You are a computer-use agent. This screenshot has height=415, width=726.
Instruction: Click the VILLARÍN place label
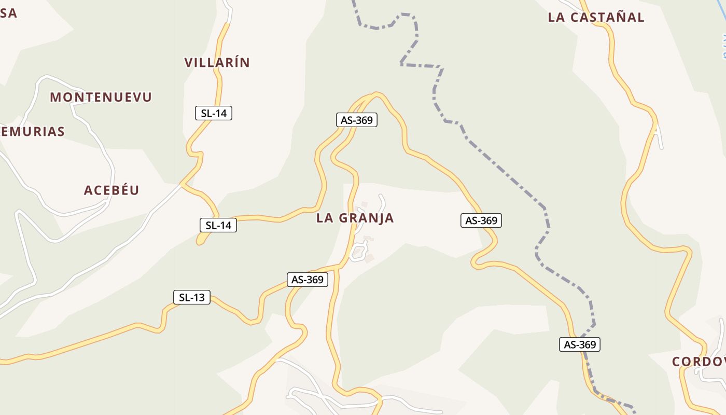coord(217,63)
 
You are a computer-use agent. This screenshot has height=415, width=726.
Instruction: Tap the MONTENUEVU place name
coord(101,97)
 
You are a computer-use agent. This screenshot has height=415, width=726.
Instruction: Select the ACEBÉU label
coord(111,190)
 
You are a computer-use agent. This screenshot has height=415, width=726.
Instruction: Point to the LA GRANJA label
coord(355,218)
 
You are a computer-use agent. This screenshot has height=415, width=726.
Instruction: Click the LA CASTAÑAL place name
coord(596,17)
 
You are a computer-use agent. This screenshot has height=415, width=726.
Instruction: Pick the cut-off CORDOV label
coord(698,362)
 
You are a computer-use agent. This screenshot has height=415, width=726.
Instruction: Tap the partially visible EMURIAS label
coord(32,131)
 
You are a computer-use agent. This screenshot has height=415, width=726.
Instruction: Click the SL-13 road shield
coord(191,297)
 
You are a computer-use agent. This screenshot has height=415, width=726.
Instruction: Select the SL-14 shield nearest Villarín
coord(213,113)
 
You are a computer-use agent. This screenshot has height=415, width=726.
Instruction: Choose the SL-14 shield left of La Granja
coord(218,225)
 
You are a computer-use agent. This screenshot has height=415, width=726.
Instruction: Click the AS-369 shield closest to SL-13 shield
coord(308,280)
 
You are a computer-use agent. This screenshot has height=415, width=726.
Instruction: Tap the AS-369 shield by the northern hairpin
coord(356,120)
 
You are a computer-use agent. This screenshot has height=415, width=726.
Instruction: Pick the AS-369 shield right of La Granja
coord(481,220)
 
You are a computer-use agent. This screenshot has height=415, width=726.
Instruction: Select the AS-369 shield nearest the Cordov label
coord(579,344)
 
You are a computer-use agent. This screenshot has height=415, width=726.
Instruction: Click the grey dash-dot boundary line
coord(498,166)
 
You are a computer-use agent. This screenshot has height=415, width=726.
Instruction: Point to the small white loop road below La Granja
coord(358,253)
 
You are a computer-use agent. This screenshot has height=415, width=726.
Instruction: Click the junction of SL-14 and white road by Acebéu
coord(181,184)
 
